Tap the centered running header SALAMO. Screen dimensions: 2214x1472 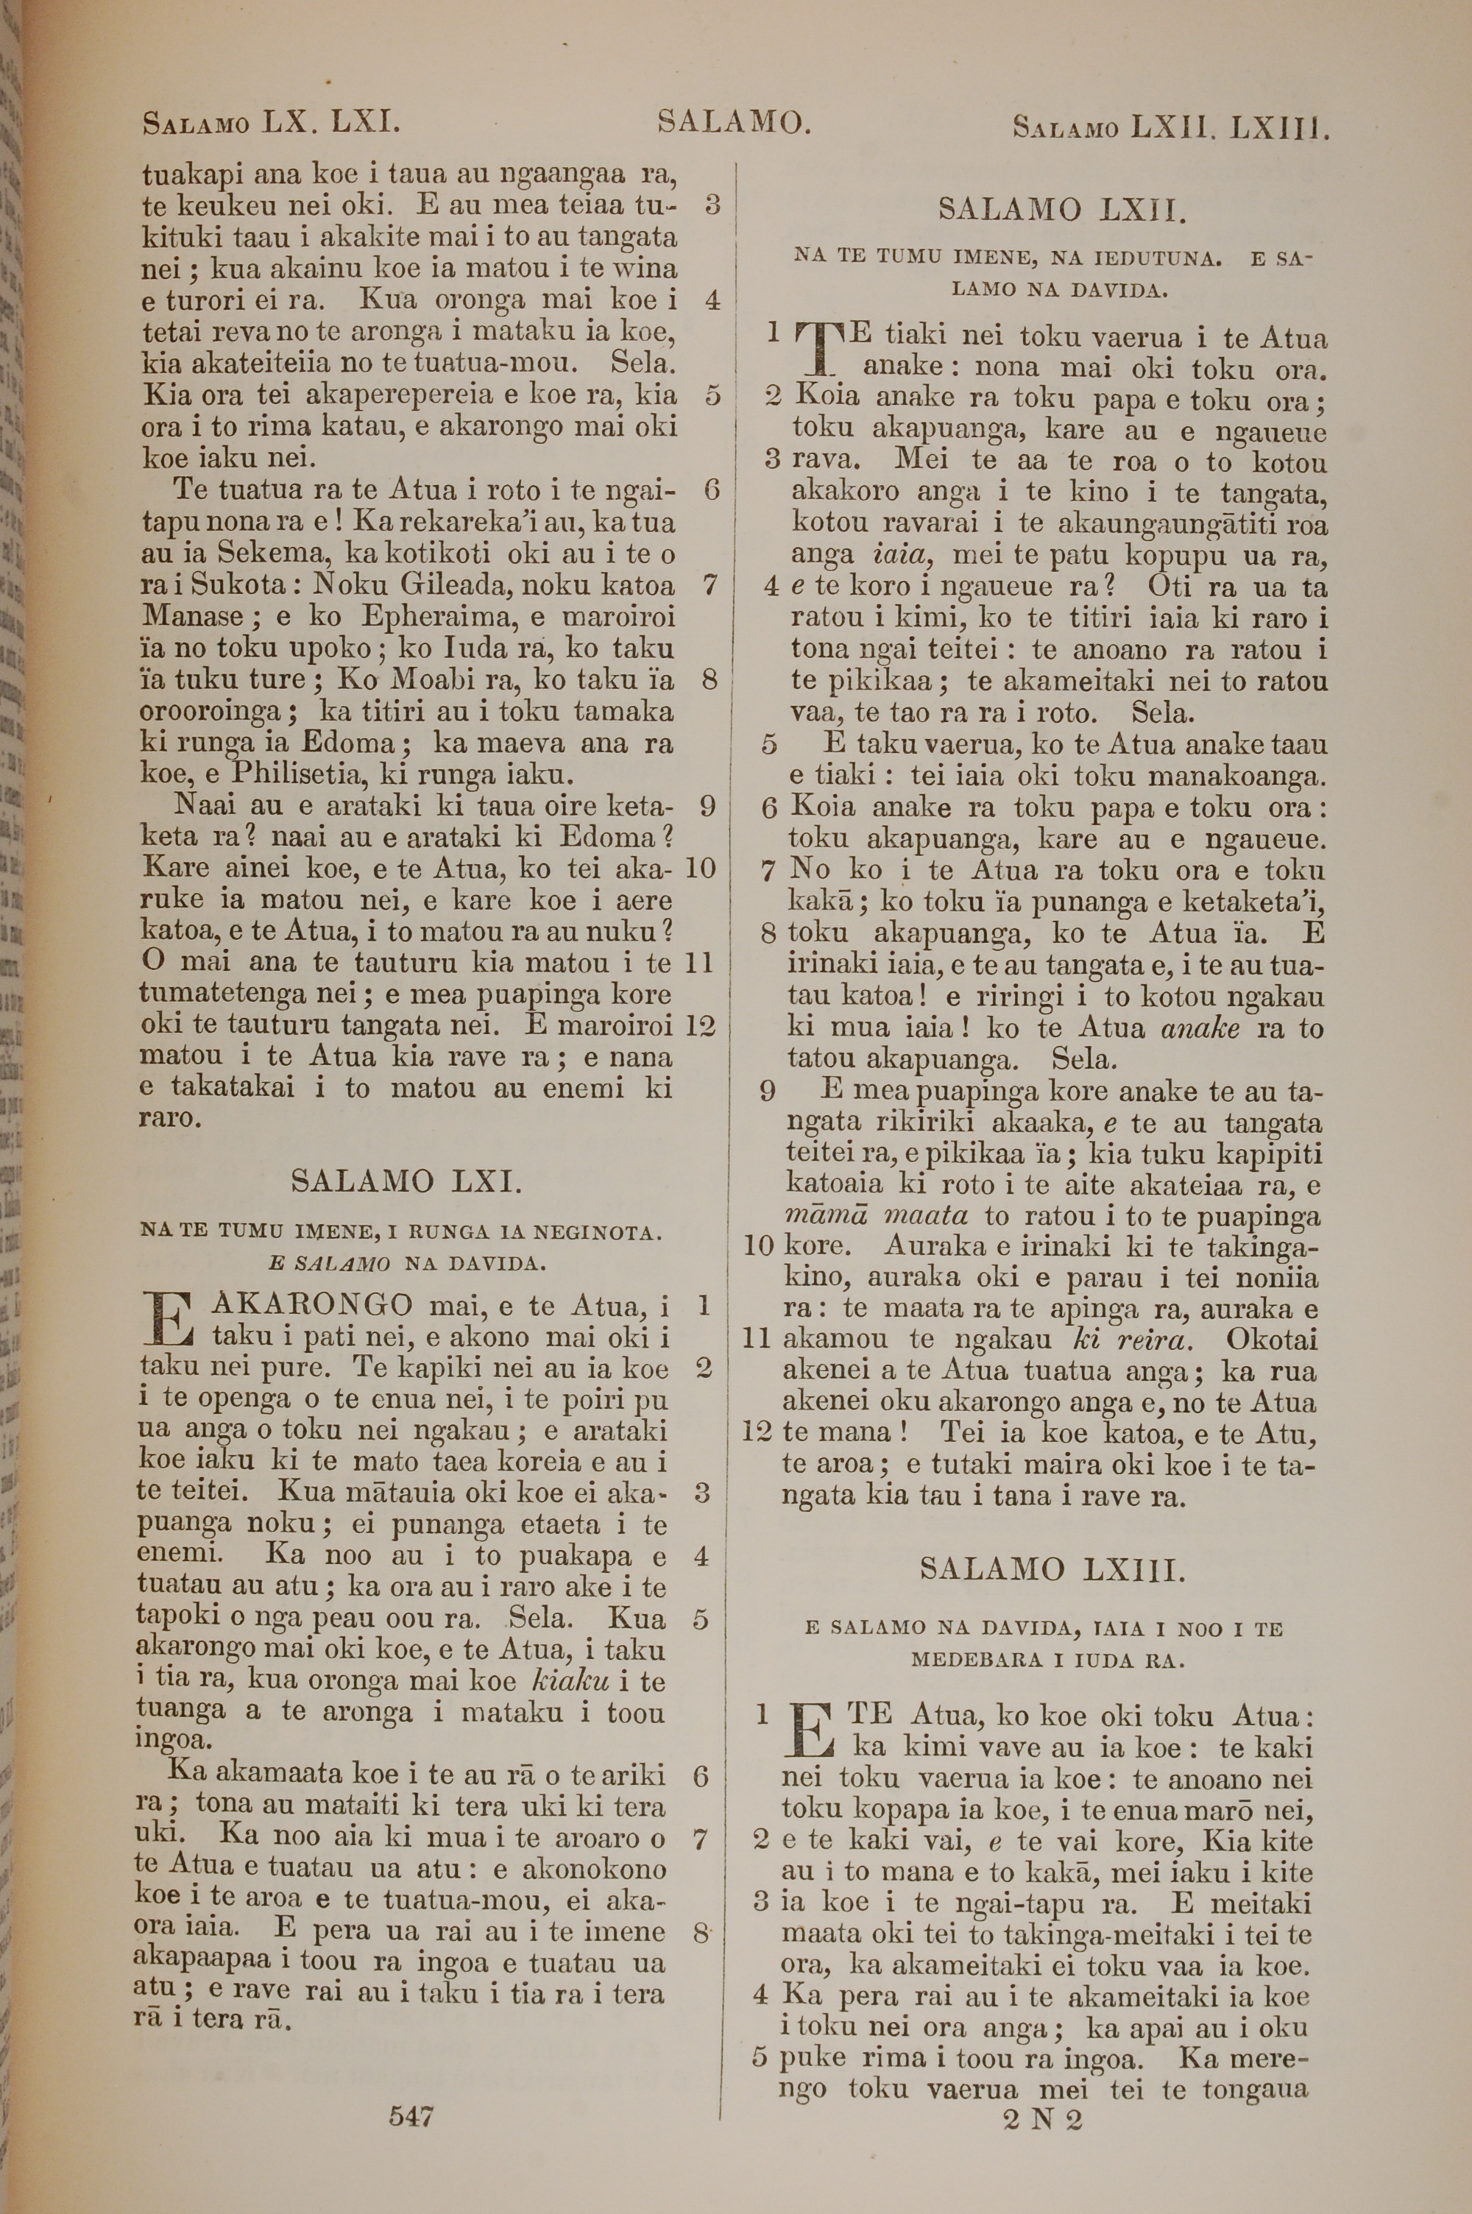pos(733,122)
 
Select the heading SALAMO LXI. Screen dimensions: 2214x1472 pos(406,1180)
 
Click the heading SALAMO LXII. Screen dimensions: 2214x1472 pos(1063,208)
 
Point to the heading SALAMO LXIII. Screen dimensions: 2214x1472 pos(1052,1569)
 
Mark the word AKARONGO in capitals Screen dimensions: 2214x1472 pos(314,1304)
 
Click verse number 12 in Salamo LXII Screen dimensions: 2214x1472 pos(757,1432)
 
